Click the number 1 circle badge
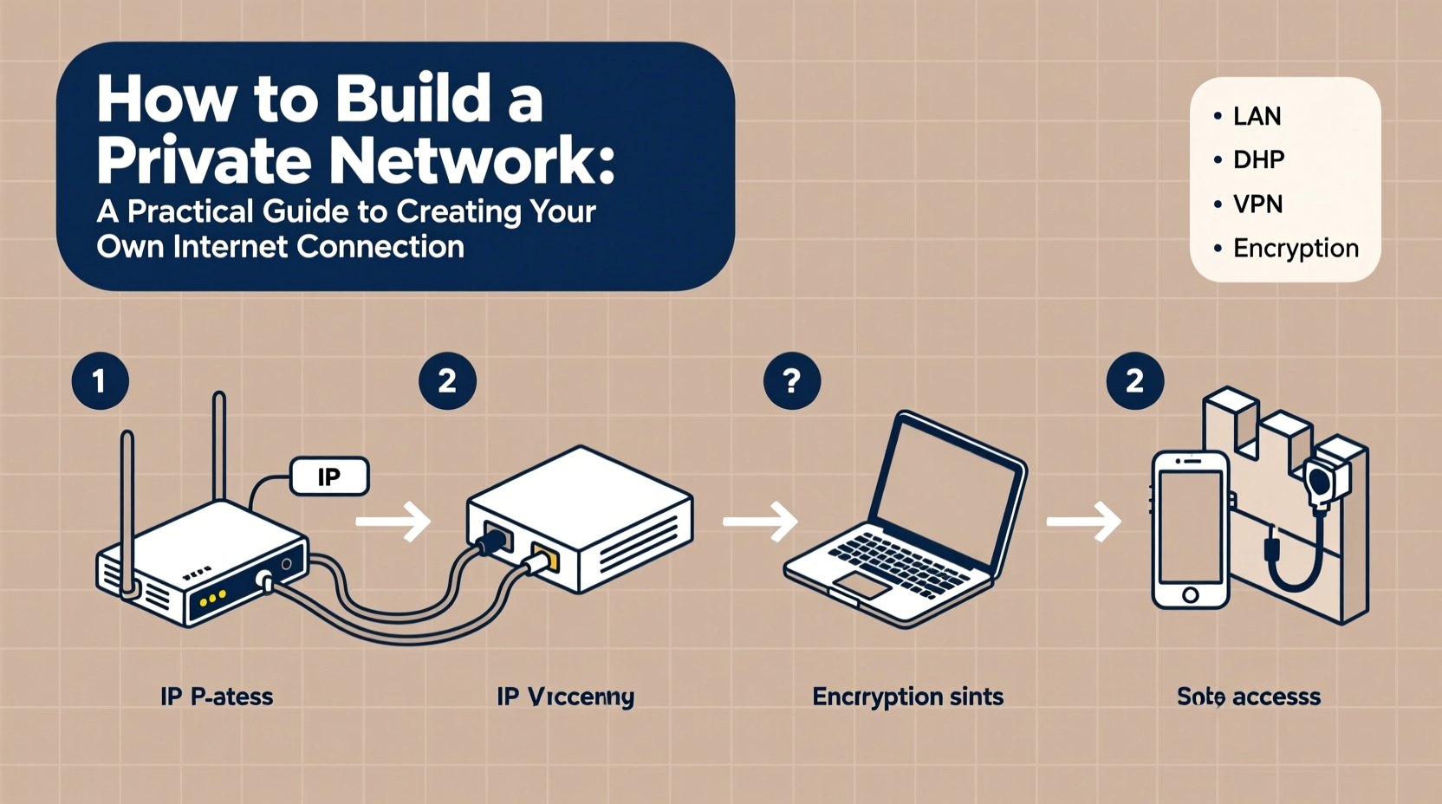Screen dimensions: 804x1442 click(100, 381)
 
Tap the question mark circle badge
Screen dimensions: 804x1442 click(791, 381)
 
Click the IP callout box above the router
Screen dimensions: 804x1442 click(329, 477)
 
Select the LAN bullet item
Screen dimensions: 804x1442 click(1256, 116)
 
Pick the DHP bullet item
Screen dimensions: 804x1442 click(1257, 159)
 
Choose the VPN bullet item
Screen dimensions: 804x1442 click(1257, 204)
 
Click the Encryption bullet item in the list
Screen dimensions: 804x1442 click(1295, 248)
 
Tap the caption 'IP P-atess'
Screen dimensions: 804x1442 click(217, 696)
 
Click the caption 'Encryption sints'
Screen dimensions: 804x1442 click(907, 696)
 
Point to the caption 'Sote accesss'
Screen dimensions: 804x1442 click(1248, 696)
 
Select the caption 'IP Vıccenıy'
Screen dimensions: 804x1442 click(565, 696)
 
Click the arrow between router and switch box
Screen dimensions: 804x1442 click(393, 522)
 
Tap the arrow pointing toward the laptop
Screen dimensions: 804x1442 click(760, 522)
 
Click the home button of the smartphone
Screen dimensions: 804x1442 click(1191, 594)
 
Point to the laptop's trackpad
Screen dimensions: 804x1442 click(861, 586)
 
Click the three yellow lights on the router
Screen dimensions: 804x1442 click(212, 598)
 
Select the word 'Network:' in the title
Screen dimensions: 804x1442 click(472, 159)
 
